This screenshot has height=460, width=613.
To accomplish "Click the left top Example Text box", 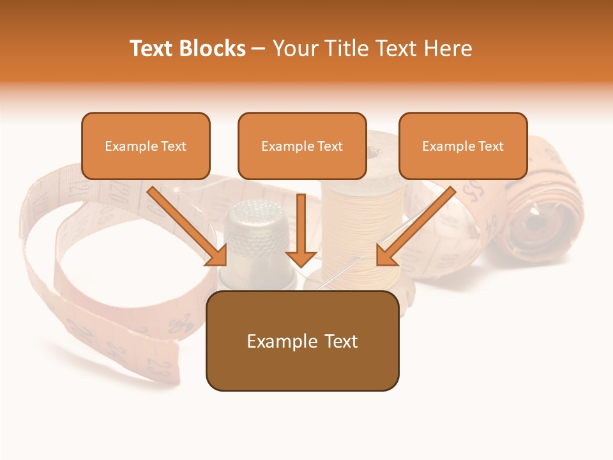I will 146,146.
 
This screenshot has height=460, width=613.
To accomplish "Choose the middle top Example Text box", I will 302,146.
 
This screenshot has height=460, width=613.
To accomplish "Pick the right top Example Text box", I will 463,146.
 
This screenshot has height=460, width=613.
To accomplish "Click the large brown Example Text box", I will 302,341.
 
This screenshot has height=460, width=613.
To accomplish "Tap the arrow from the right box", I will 416,226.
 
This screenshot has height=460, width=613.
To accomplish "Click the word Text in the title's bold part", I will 151,49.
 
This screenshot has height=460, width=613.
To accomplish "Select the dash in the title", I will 259,49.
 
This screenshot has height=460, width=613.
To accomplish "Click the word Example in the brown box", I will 276,341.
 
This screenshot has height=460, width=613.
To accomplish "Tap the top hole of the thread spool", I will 374,151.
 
